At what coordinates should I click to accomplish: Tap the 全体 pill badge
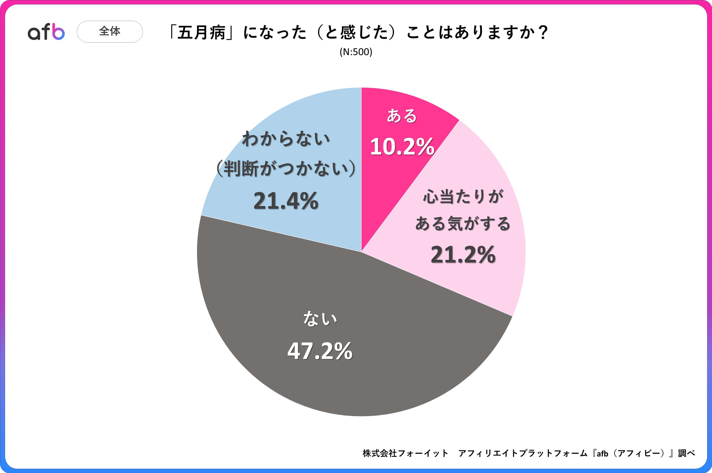pyautogui.click(x=110, y=31)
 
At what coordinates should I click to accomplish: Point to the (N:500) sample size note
pyautogui.click(x=356, y=52)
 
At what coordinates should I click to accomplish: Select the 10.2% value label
pyautogui.click(x=402, y=147)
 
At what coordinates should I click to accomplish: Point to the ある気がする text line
pyautogui.click(x=463, y=224)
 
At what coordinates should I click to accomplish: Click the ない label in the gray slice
pyautogui.click(x=320, y=319)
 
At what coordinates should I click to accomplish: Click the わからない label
pyautogui.click(x=286, y=139)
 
